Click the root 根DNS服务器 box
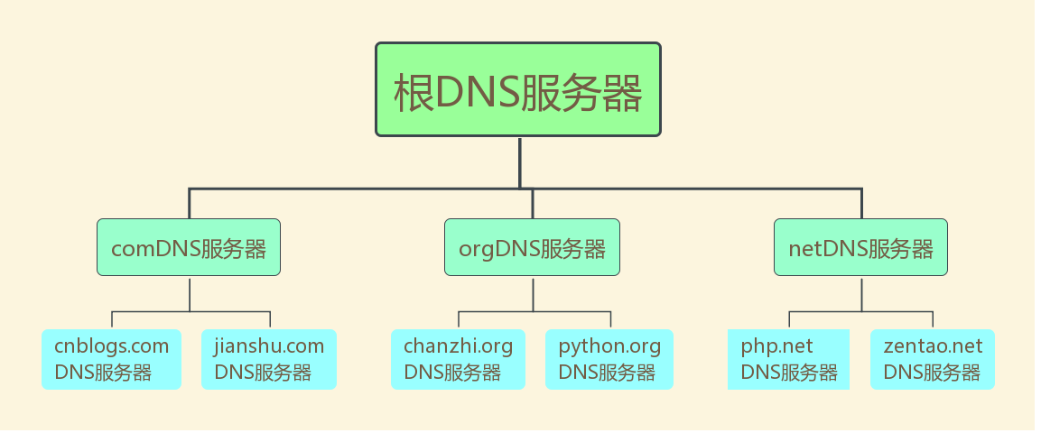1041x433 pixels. [x=518, y=89]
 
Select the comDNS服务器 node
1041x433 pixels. [x=189, y=247]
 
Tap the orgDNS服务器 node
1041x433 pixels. [x=532, y=247]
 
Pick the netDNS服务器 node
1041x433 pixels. [x=860, y=247]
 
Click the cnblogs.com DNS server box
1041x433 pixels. [x=112, y=359]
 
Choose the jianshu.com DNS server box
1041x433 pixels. [x=269, y=359]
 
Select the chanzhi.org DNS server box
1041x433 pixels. [x=458, y=359]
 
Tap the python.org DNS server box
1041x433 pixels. [x=609, y=359]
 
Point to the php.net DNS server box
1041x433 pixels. [x=789, y=359]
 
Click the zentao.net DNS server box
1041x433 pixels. [x=933, y=359]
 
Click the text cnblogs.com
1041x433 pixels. [x=112, y=346]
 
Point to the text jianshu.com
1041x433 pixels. [x=269, y=346]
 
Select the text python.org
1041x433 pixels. [x=609, y=346]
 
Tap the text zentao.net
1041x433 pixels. [x=933, y=346]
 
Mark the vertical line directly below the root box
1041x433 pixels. [x=520, y=163]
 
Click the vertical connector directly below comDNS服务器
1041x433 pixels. [x=190, y=294]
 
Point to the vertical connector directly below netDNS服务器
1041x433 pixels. [x=861, y=294]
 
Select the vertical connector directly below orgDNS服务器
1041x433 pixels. [x=533, y=294]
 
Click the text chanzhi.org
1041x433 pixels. [x=458, y=346]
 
